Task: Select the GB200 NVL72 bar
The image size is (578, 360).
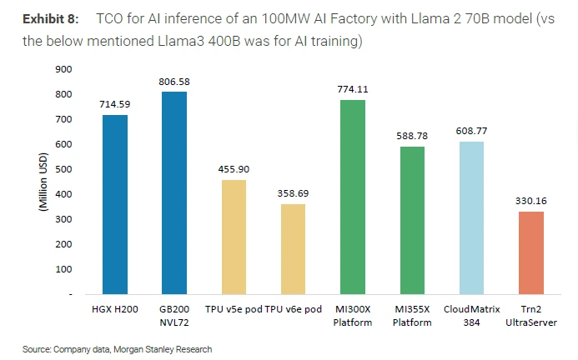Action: click(x=174, y=192)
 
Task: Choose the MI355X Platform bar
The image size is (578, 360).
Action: click(x=413, y=220)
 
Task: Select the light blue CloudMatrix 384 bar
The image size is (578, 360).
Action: click(x=471, y=217)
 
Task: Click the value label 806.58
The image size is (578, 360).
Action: click(x=174, y=82)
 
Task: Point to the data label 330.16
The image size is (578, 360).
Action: click(x=531, y=201)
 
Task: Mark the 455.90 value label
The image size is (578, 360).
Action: click(x=234, y=169)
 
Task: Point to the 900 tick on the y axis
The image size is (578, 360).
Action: click(x=63, y=69)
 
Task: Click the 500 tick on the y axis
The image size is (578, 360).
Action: click(x=63, y=169)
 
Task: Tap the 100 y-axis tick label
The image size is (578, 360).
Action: click(x=63, y=269)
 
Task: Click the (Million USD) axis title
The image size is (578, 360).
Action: click(x=43, y=181)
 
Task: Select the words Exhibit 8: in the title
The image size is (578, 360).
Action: click(x=50, y=18)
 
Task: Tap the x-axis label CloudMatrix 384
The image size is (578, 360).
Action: click(x=471, y=315)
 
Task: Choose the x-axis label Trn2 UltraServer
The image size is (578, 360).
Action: click(x=531, y=315)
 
